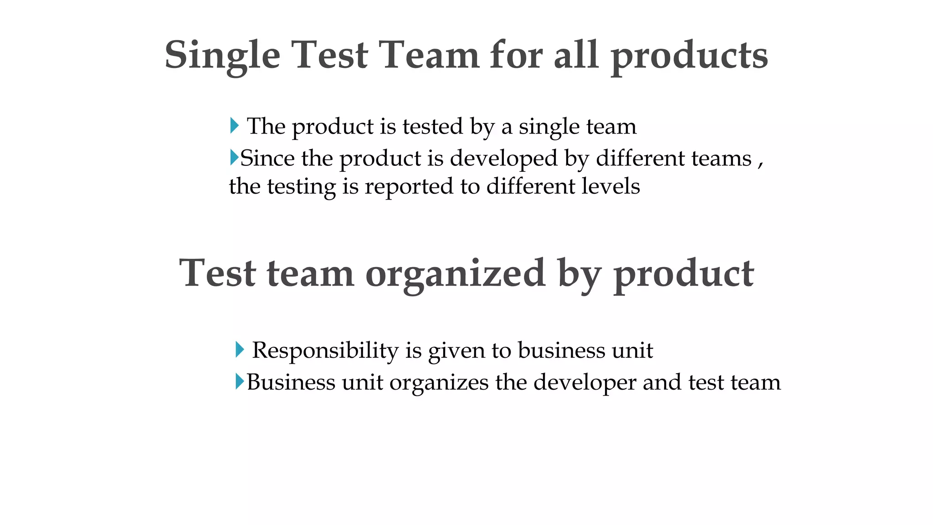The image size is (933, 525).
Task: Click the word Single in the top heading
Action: click(222, 56)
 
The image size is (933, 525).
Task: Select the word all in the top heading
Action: click(576, 55)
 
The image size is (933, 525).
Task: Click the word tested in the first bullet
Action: click(432, 126)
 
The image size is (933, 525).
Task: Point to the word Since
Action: click(267, 158)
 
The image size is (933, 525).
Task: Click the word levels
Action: click(611, 186)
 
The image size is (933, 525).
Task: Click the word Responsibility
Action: click(325, 350)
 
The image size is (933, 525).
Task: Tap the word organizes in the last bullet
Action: click(439, 382)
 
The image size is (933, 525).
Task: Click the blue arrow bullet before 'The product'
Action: click(234, 125)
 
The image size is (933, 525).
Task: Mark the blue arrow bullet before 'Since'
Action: click(234, 157)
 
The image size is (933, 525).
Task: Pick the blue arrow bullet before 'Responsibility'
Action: click(240, 350)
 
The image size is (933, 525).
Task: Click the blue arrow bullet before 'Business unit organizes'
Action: click(240, 381)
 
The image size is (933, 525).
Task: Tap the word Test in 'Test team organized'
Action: click(217, 273)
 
